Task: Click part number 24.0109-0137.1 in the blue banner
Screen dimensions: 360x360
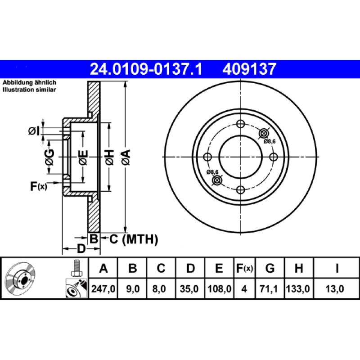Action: tap(146, 69)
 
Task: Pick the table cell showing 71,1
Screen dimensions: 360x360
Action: tap(270, 291)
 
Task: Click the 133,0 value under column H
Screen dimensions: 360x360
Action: tap(298, 291)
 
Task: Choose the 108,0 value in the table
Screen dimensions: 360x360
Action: tap(219, 291)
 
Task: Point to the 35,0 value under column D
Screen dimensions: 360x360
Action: tap(190, 291)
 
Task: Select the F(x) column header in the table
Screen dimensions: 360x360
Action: tap(245, 269)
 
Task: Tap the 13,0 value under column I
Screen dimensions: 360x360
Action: tap(337, 291)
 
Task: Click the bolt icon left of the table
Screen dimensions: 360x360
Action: tap(76, 269)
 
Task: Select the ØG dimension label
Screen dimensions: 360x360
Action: tap(49, 157)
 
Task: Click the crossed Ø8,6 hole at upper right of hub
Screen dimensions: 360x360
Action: tap(264, 133)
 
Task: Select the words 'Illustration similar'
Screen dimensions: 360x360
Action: tap(30, 90)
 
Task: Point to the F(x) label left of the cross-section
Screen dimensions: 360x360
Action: tap(38, 186)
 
